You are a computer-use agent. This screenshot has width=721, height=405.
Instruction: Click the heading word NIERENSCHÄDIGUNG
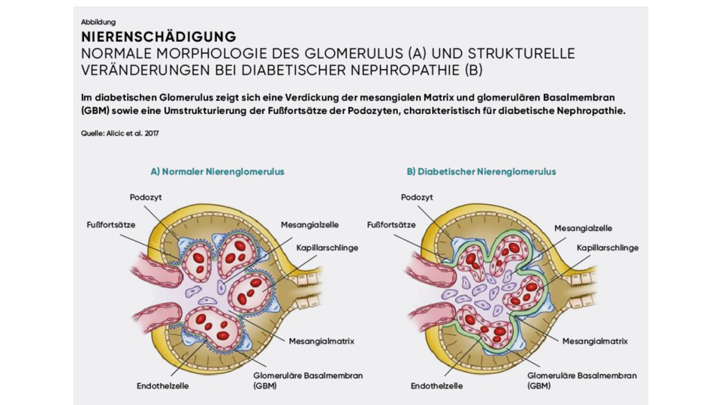click(158, 37)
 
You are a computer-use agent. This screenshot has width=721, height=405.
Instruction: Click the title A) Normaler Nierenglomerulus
click(217, 172)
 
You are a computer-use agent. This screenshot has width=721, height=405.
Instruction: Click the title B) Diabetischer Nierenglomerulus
click(481, 172)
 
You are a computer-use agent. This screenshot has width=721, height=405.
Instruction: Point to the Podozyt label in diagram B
click(418, 197)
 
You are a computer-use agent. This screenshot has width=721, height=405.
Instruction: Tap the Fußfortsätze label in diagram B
click(391, 224)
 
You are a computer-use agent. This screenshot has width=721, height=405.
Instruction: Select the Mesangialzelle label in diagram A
click(309, 224)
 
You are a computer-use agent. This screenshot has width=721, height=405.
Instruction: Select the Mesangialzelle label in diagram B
click(583, 228)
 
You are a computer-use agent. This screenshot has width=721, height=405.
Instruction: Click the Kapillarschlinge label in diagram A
click(327, 247)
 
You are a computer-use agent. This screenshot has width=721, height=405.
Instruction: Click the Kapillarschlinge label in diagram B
click(607, 247)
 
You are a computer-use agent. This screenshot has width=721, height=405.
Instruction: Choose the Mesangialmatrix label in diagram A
click(321, 341)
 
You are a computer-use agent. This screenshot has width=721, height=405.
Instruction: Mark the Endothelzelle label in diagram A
click(162, 386)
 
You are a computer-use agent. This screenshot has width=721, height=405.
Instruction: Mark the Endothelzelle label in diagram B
click(436, 386)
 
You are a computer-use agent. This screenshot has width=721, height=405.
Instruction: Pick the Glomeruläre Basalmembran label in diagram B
click(582, 376)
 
